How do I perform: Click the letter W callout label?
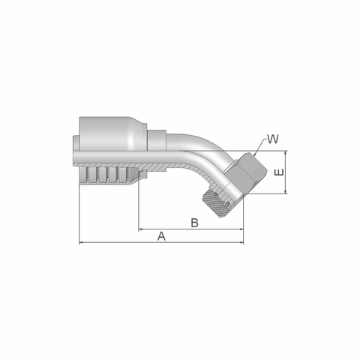tap(272, 139)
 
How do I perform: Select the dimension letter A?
tap(161, 236)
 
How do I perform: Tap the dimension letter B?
tap(194, 223)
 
